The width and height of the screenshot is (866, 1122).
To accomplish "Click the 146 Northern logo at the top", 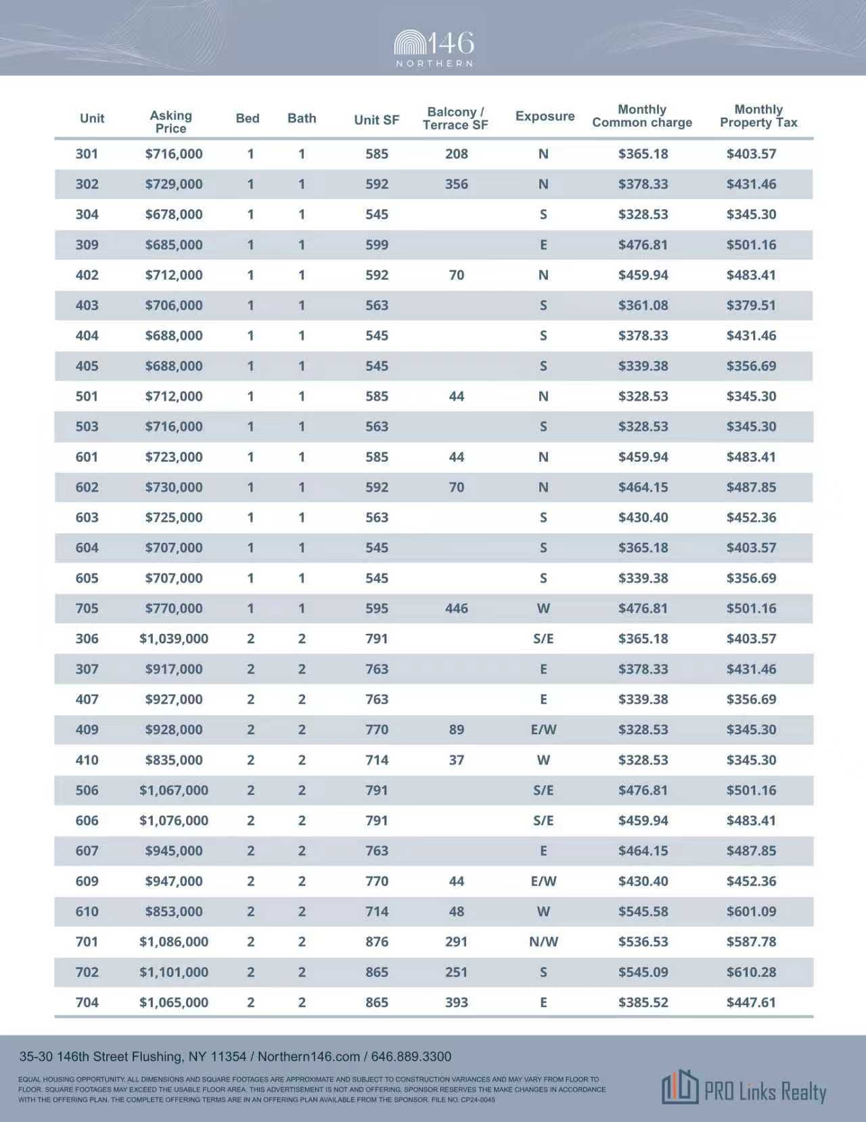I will (x=434, y=48).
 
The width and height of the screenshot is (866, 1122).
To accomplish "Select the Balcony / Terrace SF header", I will (x=455, y=118).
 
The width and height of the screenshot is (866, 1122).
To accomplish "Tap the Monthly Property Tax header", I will (x=758, y=116).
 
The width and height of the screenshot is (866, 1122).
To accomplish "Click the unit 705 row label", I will (x=87, y=608).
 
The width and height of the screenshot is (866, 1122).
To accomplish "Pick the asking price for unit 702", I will (x=174, y=972).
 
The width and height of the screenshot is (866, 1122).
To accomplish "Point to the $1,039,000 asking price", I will (x=174, y=639).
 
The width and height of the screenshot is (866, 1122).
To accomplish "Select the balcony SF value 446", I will (x=457, y=608).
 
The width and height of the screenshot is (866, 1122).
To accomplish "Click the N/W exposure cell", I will (x=543, y=941).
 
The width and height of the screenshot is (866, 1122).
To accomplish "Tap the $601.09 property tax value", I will (x=751, y=911).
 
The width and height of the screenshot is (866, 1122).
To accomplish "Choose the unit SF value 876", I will (x=377, y=941).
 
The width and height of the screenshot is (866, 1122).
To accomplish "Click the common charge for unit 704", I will (x=643, y=1002).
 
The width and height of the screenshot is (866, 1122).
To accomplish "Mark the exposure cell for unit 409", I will (x=543, y=729).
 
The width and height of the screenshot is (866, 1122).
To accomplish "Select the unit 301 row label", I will (x=87, y=154).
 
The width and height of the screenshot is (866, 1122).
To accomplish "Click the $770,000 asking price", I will (x=174, y=608).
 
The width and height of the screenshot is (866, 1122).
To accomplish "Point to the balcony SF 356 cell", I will (x=457, y=184).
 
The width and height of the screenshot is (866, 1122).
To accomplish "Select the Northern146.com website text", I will (x=309, y=1056).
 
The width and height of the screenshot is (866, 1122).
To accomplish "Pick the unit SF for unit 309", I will (x=377, y=244).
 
